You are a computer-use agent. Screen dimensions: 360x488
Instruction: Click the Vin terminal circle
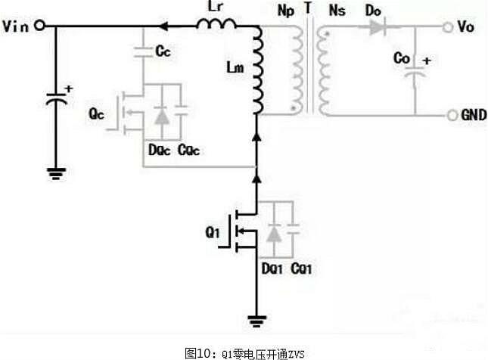39,26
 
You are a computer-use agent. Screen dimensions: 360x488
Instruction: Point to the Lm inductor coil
256,72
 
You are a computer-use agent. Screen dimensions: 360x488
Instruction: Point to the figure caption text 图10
198,352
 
